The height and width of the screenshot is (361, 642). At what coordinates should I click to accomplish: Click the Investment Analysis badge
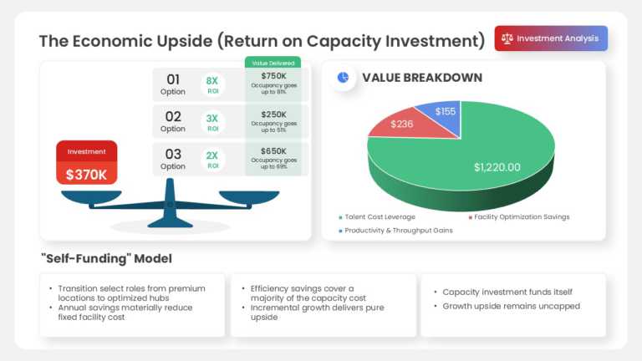(551, 38)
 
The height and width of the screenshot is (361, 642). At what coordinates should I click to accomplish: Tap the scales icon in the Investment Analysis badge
(507, 38)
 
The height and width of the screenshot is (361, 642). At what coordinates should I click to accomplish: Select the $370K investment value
(86, 175)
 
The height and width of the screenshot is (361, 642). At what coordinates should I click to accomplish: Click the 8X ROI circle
(212, 85)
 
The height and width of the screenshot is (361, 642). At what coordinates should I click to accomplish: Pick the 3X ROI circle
(212, 123)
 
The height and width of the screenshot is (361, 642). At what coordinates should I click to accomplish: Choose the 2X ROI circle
(212, 160)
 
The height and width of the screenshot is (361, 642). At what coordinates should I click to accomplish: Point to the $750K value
(273, 75)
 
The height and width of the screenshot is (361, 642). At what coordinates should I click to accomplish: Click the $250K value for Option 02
(273, 113)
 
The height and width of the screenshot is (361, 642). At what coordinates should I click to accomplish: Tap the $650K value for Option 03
(273, 150)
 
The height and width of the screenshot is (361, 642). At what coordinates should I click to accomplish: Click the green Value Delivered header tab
(273, 62)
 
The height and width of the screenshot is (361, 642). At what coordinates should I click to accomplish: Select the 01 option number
(173, 79)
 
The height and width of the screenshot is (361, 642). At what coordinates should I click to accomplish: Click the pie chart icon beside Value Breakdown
(343, 78)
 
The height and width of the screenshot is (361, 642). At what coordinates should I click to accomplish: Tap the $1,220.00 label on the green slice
(497, 167)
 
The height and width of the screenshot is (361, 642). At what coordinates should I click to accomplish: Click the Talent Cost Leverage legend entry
(377, 216)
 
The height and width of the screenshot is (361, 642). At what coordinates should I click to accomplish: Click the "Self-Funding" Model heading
(106, 259)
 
